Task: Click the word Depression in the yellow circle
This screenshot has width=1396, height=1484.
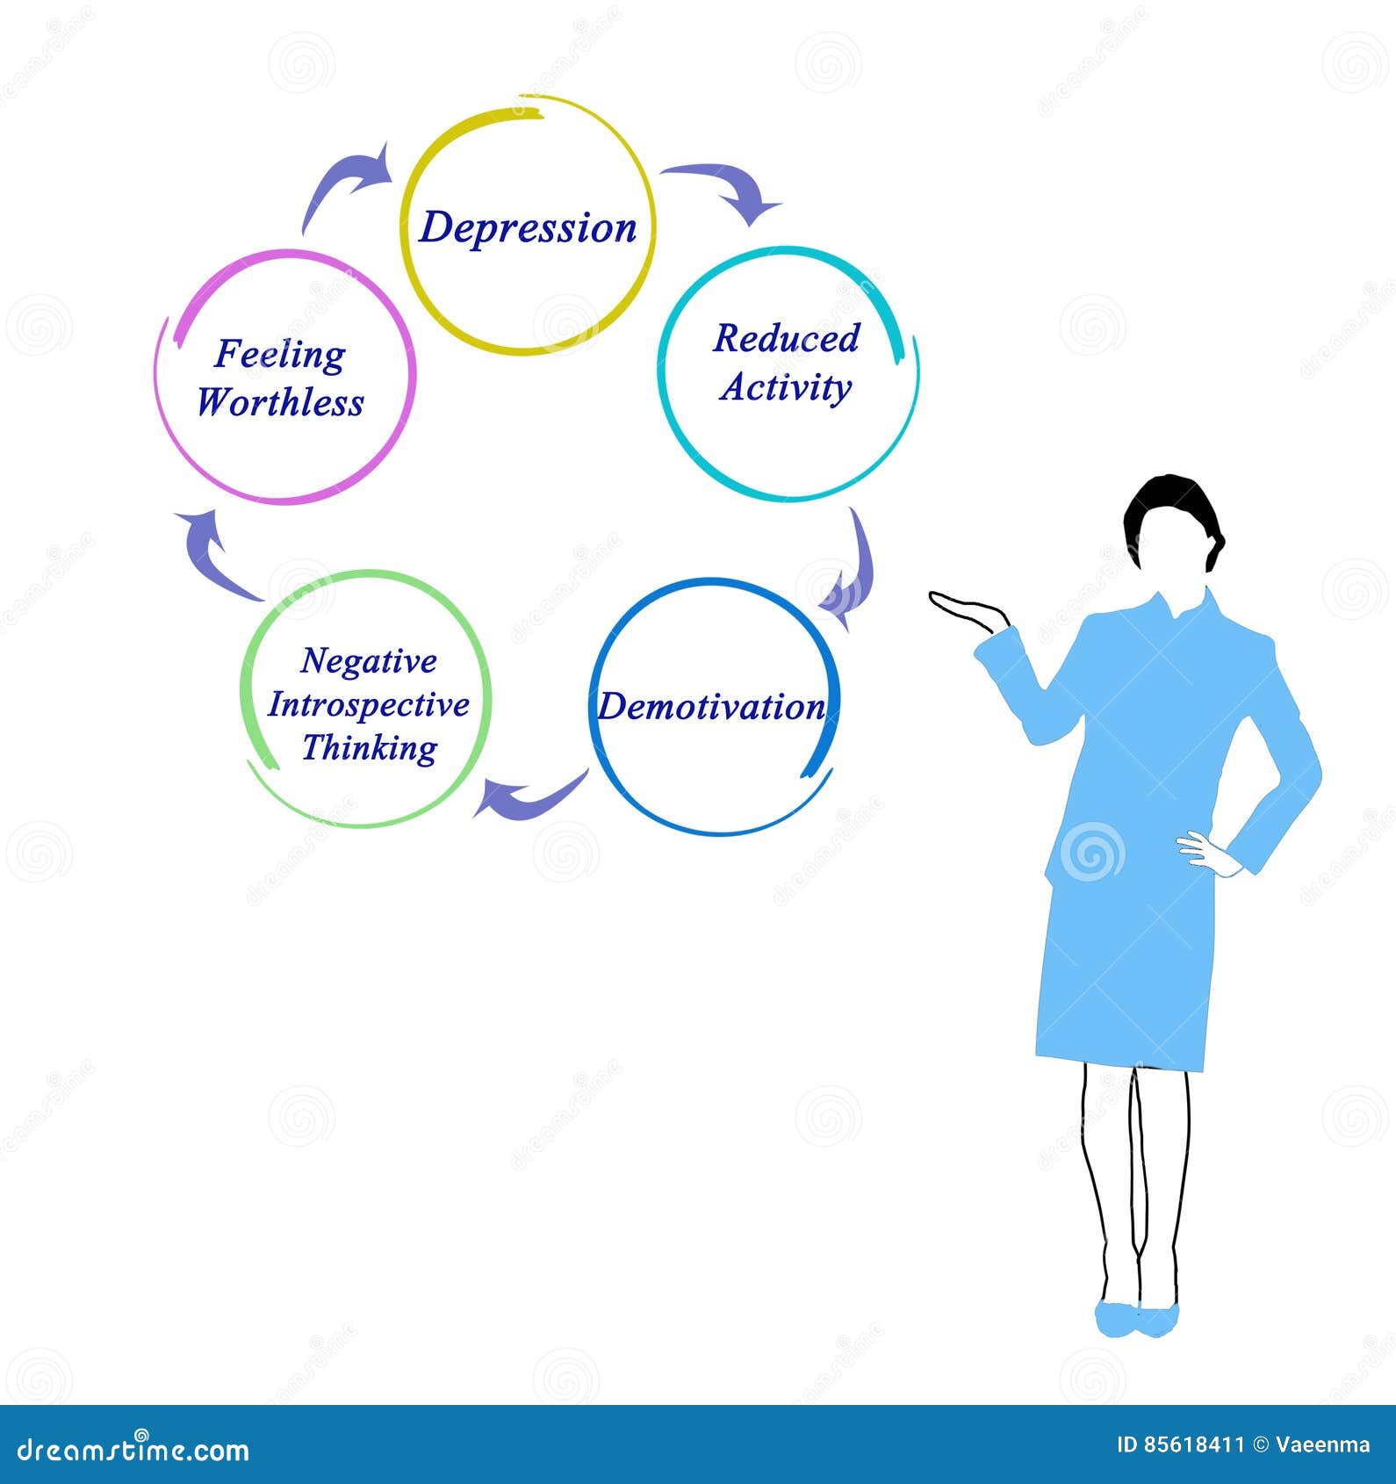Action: [x=528, y=228]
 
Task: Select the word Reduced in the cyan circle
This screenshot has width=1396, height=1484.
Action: [x=786, y=339]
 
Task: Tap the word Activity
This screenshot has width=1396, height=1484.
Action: [x=786, y=388]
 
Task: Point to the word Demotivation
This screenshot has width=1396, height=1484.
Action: [x=711, y=707]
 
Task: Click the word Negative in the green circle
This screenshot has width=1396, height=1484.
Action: [x=369, y=661]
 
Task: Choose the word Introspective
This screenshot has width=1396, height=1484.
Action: [x=369, y=704]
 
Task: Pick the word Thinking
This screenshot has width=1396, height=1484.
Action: [x=369, y=748]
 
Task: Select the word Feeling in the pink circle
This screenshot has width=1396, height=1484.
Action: [x=280, y=355]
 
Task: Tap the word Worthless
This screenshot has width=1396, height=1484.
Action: [x=280, y=403]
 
